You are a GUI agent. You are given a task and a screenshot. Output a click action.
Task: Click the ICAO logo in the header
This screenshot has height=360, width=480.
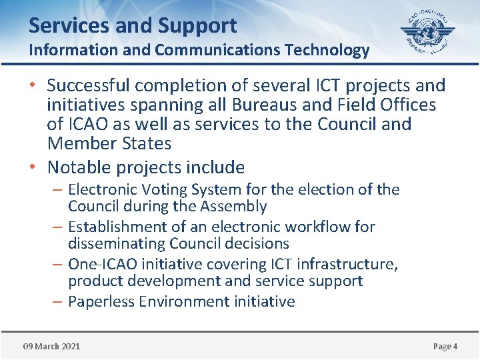point(427,33)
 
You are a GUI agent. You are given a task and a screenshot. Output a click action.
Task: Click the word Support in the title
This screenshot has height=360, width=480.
point(197,25)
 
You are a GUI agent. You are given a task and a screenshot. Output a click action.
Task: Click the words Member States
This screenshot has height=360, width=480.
point(109,143)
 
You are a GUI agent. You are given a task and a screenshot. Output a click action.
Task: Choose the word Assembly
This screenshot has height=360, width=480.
point(234,206)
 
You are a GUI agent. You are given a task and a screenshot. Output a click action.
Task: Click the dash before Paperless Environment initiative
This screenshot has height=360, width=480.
point(59,301)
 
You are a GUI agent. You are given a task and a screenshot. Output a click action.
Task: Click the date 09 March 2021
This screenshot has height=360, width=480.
point(51,346)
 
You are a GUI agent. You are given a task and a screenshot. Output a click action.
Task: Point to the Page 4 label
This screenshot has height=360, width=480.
point(445,346)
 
